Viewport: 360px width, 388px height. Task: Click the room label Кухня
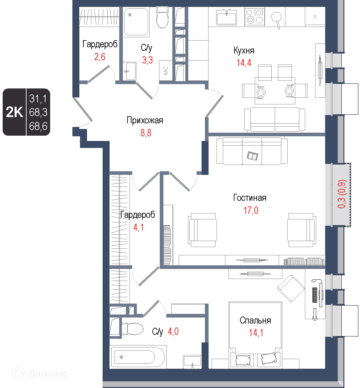click(244, 51)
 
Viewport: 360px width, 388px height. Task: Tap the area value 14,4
click(244, 63)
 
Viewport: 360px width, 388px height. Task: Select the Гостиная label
click(250, 198)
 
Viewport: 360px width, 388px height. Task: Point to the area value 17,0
click(251, 210)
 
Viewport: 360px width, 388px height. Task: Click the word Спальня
click(255, 321)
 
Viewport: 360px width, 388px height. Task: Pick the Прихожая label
click(145, 120)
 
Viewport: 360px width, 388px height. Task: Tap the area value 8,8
click(146, 133)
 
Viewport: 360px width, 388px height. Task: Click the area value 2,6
click(100, 57)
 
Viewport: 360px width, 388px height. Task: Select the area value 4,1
click(138, 227)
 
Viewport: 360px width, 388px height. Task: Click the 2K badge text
click(14, 112)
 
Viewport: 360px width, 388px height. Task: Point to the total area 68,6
click(38, 126)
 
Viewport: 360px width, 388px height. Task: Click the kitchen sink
click(226, 17)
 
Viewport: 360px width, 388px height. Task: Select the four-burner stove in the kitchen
click(255, 17)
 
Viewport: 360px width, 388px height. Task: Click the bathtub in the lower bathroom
click(138, 357)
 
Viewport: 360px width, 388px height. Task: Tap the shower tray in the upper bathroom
click(136, 22)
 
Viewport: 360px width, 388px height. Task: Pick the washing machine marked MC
click(166, 70)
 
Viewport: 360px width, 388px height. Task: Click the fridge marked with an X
click(315, 16)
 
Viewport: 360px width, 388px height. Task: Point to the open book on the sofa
click(252, 156)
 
